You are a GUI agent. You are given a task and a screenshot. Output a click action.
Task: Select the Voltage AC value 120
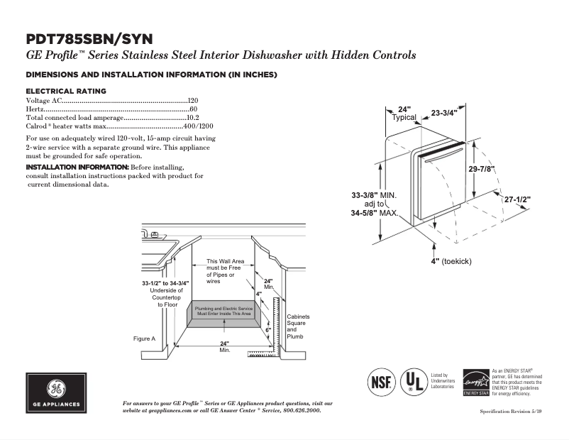[x=192, y=101]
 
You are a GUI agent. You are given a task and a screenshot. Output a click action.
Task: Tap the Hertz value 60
[x=194, y=109]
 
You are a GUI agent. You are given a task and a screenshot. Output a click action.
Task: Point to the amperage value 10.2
[x=192, y=118]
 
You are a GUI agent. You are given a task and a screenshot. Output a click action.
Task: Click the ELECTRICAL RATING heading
[x=66, y=91]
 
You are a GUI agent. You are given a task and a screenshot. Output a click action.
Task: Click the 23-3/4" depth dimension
[x=444, y=113]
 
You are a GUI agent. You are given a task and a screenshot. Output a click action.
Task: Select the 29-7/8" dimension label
[x=481, y=169]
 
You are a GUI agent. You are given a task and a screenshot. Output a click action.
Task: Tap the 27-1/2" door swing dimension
[x=517, y=199]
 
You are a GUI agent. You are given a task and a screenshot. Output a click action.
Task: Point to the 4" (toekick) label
[x=451, y=261]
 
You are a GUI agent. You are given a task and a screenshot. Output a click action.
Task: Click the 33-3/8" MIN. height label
[x=374, y=194]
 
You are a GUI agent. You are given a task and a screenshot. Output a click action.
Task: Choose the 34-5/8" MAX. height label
[x=375, y=213]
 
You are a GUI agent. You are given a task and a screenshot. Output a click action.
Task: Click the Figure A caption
[x=144, y=339]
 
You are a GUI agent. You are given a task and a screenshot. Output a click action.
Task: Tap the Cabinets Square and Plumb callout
[x=297, y=326]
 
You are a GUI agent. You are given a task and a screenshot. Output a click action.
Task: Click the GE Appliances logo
[x=56, y=393]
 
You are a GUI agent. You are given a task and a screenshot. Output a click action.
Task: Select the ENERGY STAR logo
[x=475, y=383]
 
